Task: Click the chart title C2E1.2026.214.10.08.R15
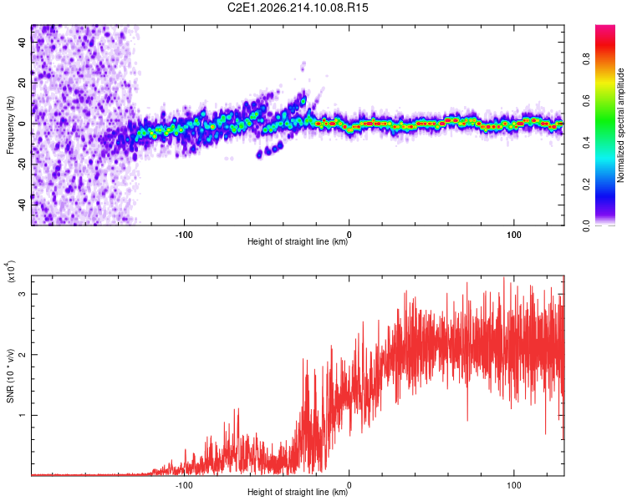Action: point(298,8)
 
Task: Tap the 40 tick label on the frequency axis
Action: point(23,42)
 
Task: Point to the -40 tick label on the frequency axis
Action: point(23,205)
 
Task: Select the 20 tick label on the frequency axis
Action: point(23,83)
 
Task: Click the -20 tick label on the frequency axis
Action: point(23,164)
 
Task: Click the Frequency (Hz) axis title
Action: point(10,124)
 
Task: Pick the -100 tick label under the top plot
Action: point(184,235)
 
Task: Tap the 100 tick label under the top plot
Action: point(514,235)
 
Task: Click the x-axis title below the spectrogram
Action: point(298,241)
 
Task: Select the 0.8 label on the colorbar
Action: point(586,59)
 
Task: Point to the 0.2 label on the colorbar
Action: point(586,184)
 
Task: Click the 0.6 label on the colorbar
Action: point(586,101)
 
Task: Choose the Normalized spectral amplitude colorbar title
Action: point(620,125)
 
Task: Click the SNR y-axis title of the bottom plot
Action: point(10,376)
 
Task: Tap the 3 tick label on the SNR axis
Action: point(23,294)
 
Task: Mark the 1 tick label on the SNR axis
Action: point(23,415)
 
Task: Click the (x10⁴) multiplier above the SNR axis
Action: point(10,271)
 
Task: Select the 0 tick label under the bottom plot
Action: point(349,485)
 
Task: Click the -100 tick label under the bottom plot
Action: point(184,485)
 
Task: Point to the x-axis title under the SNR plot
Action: point(298,492)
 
